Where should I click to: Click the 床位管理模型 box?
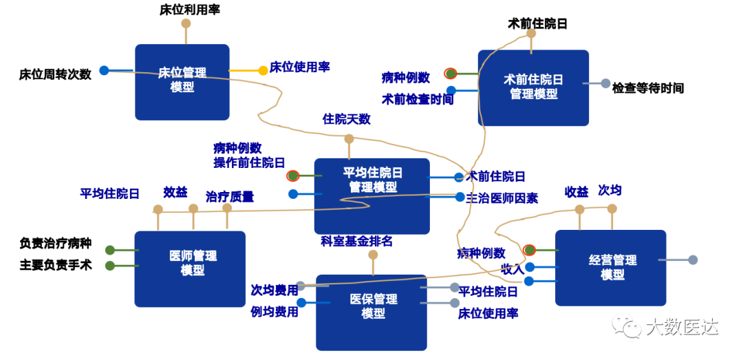[x=182, y=82]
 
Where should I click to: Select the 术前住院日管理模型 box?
[x=533, y=87]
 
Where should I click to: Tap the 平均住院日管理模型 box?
[x=372, y=196]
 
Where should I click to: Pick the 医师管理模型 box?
[x=190, y=269]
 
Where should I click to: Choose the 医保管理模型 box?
[x=371, y=313]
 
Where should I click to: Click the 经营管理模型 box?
[x=611, y=268]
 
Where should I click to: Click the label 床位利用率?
[x=190, y=10]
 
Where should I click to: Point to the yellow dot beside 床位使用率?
[x=263, y=71]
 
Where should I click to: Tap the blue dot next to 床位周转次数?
[x=104, y=71]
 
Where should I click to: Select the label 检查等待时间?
[x=648, y=87]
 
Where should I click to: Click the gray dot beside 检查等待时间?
[x=605, y=83]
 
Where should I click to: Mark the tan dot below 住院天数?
[x=349, y=139]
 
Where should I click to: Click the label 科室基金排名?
[x=357, y=241]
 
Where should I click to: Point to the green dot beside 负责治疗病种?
[x=110, y=250]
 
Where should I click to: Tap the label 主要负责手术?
[x=56, y=265]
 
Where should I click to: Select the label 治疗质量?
[x=230, y=197]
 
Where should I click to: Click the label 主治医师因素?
[x=502, y=198]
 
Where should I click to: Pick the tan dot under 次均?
[x=612, y=209]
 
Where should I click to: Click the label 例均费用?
[x=274, y=312]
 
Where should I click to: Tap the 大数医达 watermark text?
[x=682, y=326]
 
